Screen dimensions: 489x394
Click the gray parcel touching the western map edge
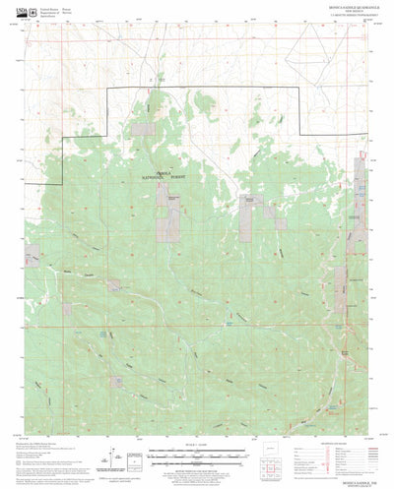[33, 256]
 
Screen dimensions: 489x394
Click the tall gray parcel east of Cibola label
[247, 216]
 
